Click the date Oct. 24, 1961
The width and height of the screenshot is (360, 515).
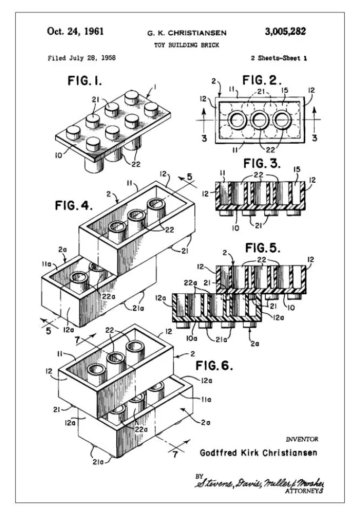point(75,31)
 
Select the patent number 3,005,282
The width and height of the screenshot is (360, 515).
point(284,31)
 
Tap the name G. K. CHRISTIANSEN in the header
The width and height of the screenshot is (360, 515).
point(187,33)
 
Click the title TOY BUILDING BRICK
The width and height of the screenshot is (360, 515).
point(187,45)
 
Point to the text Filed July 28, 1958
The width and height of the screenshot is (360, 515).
point(82,57)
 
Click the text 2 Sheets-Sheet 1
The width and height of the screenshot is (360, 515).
point(279,57)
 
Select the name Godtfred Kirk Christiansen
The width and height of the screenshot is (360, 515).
point(259,453)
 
